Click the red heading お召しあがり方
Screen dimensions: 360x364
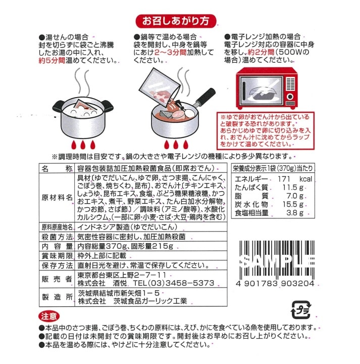[176, 21]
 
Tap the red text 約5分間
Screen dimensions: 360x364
[52, 61]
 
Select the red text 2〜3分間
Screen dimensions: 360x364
[170, 53]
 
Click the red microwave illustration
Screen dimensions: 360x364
[267, 88]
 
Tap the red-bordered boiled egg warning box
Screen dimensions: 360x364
[266, 130]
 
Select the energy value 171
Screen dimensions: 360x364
[284, 179]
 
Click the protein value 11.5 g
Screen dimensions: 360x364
[293, 188]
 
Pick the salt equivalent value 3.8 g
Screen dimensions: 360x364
[295, 213]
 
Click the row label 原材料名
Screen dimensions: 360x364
[57, 198]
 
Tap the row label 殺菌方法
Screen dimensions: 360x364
[57, 237]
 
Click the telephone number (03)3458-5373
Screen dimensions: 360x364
[181, 283]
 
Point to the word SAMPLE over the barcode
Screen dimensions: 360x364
[277, 261]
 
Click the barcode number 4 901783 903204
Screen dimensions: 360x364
[275, 284]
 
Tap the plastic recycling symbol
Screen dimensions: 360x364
[301, 310]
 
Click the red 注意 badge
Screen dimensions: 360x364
[49, 316]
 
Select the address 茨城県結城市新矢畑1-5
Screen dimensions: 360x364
[119, 293]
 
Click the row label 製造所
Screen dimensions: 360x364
[57, 297]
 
